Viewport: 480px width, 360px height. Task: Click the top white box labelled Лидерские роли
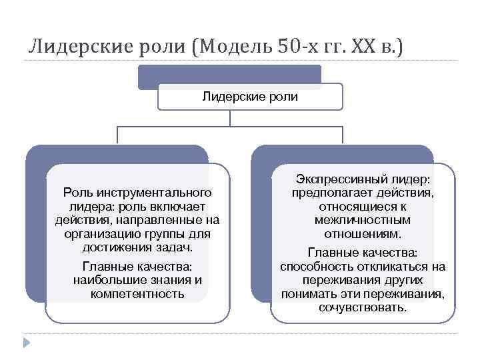(x=249, y=97)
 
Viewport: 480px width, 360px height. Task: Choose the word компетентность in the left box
(x=137, y=293)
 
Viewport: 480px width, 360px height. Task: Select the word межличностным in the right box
(x=363, y=219)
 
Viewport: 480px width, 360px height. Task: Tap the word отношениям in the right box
(x=363, y=233)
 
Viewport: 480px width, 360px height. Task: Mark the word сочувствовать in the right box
(x=363, y=307)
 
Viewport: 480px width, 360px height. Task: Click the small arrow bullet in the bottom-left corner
(x=27, y=343)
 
